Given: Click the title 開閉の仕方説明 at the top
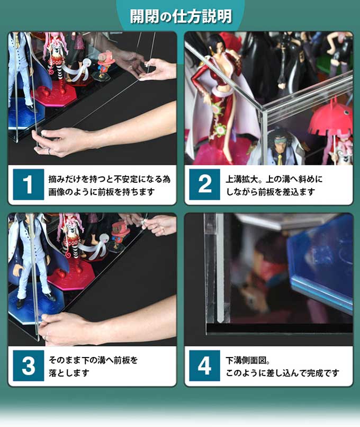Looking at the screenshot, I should click(x=181, y=16).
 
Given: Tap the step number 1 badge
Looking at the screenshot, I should click(x=28, y=184).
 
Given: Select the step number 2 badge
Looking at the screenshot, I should click(x=204, y=184).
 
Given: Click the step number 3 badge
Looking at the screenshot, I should click(x=28, y=366).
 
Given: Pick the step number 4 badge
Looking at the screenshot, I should click(x=204, y=366).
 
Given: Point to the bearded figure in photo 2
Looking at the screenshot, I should click(x=278, y=143).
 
